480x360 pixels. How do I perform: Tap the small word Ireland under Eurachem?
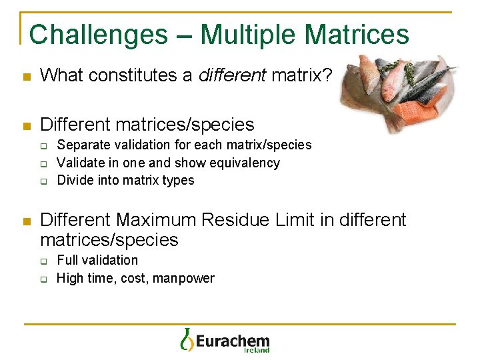pyautogui.click(x=257, y=350)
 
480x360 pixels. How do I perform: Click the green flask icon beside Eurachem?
pyautogui.click(x=187, y=339)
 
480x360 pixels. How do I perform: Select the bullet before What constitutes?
pyautogui.click(x=26, y=77)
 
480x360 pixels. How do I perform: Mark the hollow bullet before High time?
pyautogui.click(x=43, y=279)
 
